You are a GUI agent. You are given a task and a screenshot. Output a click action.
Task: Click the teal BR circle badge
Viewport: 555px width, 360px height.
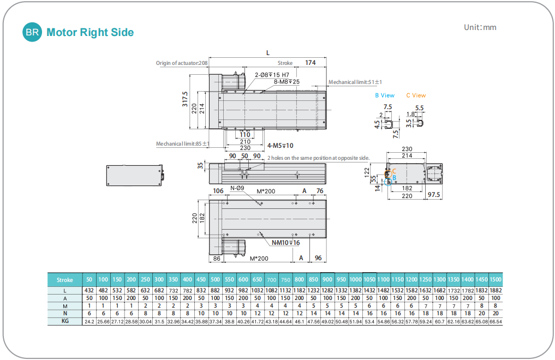[x=32, y=32]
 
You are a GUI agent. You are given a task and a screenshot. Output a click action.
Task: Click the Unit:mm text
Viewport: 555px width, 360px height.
[x=480, y=27]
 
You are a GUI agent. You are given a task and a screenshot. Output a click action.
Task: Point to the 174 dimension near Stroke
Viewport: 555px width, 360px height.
[x=310, y=63]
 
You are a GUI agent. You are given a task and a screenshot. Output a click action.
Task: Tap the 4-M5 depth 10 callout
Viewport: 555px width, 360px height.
[x=281, y=146]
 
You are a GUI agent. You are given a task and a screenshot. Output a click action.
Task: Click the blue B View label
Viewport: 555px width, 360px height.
[x=385, y=95]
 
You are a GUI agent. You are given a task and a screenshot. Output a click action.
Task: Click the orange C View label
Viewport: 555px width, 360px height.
[x=416, y=95]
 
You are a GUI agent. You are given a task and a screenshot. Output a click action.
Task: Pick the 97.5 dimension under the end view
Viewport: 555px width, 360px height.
[x=434, y=195]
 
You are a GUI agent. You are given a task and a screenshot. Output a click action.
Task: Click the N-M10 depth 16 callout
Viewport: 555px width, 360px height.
[x=285, y=242]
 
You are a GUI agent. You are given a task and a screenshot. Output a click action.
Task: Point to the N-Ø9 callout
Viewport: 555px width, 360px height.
[x=237, y=189]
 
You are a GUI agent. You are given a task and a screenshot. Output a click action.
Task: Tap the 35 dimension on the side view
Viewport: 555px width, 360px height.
[x=200, y=165]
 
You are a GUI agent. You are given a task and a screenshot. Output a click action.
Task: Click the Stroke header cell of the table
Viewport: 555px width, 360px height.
[x=64, y=280]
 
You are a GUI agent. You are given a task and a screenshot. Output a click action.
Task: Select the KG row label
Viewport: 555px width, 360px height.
[x=64, y=322]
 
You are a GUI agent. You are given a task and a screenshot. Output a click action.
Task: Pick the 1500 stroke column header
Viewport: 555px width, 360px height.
[x=496, y=280]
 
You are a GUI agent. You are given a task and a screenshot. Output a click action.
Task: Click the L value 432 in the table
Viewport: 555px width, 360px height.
[x=89, y=291]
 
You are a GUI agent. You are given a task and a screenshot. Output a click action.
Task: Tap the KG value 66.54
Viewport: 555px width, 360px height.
[x=496, y=322]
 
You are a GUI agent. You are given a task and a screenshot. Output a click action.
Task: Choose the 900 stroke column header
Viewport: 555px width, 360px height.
[x=327, y=280]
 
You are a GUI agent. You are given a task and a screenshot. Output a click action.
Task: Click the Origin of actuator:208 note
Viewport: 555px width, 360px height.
[x=182, y=63]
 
